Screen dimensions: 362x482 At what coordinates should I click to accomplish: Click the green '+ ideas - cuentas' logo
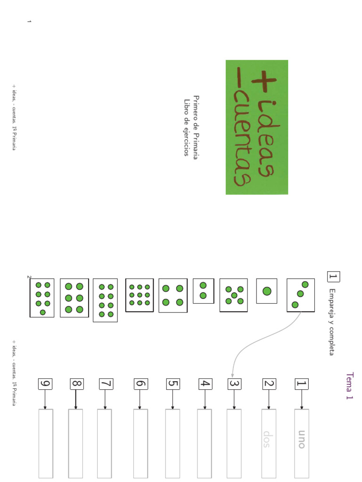coord(257,127)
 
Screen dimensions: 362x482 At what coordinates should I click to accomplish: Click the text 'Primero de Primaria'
coord(196,127)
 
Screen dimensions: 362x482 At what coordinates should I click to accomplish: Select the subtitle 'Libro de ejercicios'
coord(186,127)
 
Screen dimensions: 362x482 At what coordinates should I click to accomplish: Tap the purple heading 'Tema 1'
coord(349,386)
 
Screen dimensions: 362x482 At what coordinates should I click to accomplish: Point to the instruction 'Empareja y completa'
coord(332,322)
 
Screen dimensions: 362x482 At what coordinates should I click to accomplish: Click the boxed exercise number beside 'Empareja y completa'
coord(333,277)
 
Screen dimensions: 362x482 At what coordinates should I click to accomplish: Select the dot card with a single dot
coord(267,291)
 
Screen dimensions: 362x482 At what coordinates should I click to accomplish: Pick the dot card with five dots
coord(234,295)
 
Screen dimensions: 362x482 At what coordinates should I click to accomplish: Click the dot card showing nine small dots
coord(140,295)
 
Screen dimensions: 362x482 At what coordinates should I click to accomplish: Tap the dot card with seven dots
coord(42,298)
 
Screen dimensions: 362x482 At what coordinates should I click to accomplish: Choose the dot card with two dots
coord(204,291)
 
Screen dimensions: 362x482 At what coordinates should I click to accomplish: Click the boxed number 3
coord(235,384)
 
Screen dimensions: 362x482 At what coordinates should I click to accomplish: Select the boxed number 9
coord(45,384)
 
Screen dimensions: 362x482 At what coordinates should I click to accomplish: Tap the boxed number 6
coord(140,384)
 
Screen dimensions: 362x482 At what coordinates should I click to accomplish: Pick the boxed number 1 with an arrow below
coord(302,384)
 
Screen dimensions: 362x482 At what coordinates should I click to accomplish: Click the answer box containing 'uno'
coord(302,443)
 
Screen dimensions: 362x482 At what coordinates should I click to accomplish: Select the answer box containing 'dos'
coord(269,443)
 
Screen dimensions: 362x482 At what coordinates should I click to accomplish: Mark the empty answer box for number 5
coord(173,443)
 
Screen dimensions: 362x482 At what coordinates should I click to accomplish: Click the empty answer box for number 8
coord(76,443)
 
